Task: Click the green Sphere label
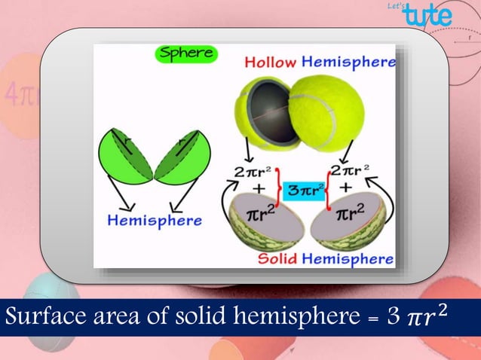(185, 54)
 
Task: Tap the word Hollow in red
(270, 62)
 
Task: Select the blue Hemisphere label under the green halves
(154, 221)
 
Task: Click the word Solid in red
(277, 259)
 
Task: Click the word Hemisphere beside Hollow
(348, 62)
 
